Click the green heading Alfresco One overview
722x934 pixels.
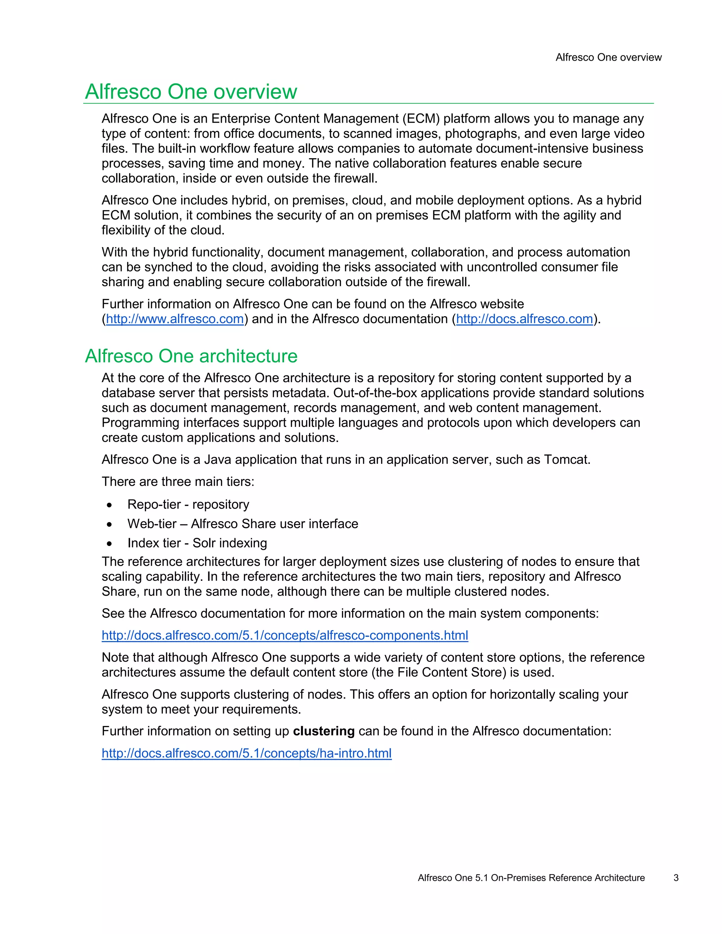[x=191, y=92]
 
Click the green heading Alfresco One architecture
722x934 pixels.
[x=191, y=356]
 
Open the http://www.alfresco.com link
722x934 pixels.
[x=175, y=319]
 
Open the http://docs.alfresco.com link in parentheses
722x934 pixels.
[x=524, y=319]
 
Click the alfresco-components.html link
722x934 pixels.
[x=285, y=635]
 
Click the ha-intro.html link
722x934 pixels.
[x=246, y=753]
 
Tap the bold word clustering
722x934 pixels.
[x=323, y=731]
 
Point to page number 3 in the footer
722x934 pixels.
[x=676, y=878]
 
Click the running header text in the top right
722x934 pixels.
[x=608, y=57]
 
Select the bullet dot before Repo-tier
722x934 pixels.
[x=110, y=505]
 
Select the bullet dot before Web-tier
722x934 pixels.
[x=110, y=524]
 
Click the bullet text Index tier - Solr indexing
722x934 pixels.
[x=197, y=543]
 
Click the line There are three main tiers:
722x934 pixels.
[x=178, y=482]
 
